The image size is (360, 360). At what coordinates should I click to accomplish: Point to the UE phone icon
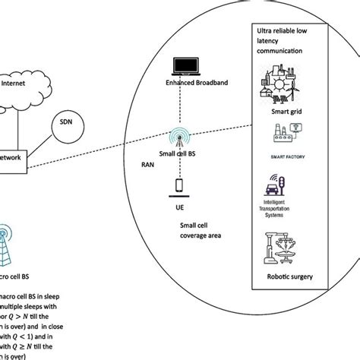point(179,185)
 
